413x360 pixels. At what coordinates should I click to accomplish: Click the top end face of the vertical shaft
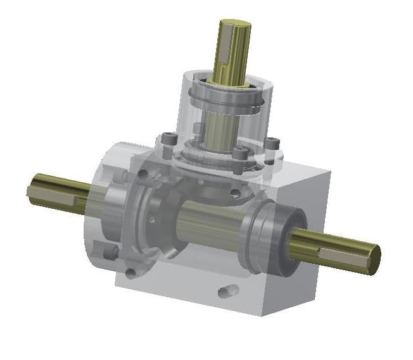[234, 26]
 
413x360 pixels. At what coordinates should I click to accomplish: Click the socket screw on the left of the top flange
[167, 138]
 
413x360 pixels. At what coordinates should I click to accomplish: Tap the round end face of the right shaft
[374, 259]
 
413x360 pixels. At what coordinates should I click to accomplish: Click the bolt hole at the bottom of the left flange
[131, 273]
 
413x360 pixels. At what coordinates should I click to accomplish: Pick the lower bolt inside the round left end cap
[112, 253]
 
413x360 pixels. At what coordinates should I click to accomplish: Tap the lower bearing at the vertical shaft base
[215, 155]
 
